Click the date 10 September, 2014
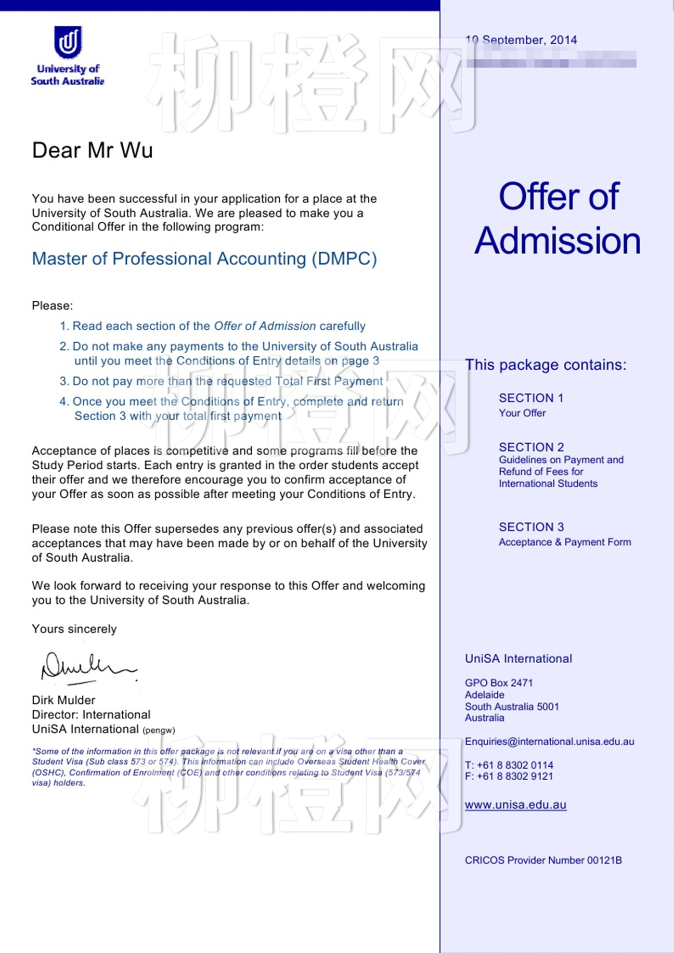(521, 40)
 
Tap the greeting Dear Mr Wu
(92, 150)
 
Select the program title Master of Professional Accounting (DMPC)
(204, 259)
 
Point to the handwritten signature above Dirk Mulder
(89, 667)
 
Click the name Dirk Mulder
(64, 700)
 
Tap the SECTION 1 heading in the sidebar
(531, 398)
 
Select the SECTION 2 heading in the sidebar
(531, 447)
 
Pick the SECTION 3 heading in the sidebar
(531, 527)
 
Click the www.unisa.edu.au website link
(515, 805)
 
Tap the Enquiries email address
(549, 741)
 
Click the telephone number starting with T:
(509, 765)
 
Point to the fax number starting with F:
(509, 776)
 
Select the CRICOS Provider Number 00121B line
(543, 860)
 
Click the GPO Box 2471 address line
(499, 683)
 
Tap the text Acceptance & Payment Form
(565, 542)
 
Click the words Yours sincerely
(74, 629)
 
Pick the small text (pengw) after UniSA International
(159, 730)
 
